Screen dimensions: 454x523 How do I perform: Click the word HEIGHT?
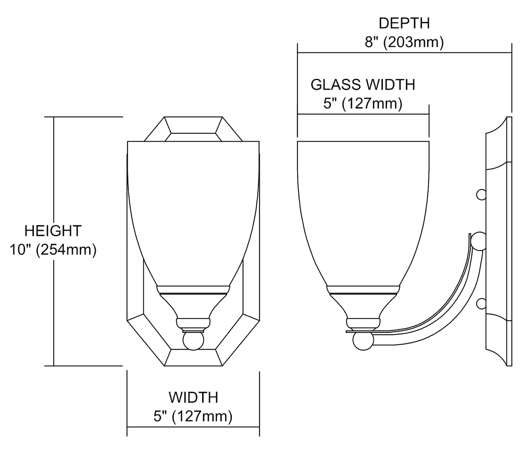[x=53, y=231]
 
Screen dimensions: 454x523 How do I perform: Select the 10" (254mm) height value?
[x=53, y=250]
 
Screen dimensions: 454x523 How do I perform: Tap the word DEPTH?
[x=404, y=23]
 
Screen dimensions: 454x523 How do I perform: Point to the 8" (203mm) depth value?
[x=404, y=42]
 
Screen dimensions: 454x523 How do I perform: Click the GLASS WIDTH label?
[x=363, y=85]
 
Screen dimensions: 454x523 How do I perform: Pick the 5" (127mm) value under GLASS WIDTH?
[x=363, y=104]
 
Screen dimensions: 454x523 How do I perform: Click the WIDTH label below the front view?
[x=194, y=397]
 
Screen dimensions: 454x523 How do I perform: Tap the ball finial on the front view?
[x=193, y=341]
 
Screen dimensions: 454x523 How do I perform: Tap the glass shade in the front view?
[x=193, y=209]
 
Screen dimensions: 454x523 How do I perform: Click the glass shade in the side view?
[x=363, y=209]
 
